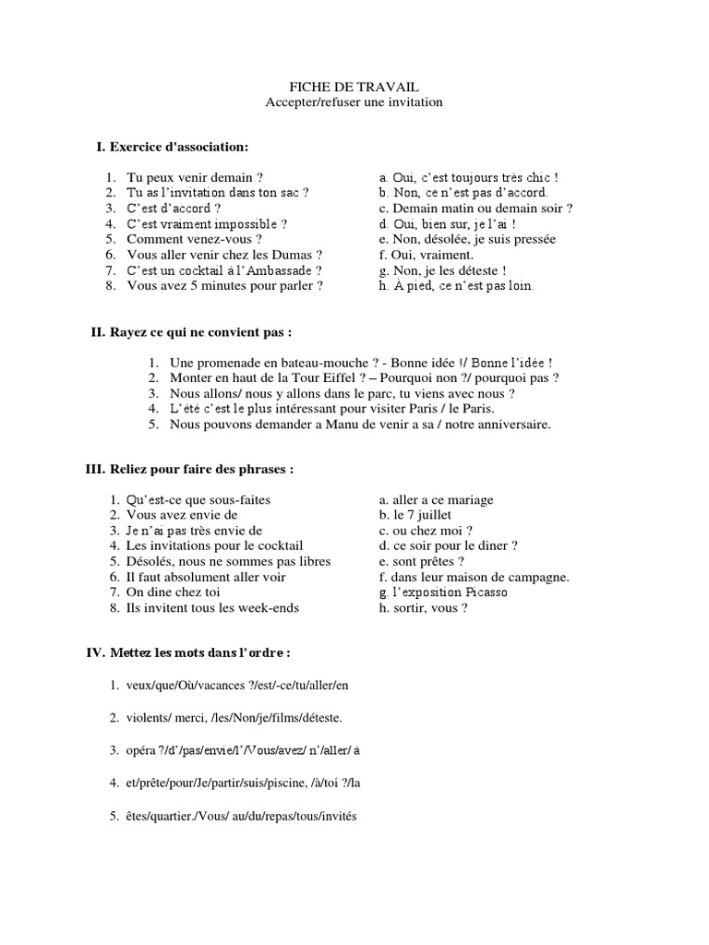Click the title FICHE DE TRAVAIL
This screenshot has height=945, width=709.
pyautogui.click(x=354, y=86)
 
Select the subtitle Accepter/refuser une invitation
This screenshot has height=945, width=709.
pyautogui.click(x=354, y=102)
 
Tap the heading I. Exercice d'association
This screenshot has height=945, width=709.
pyautogui.click(x=173, y=147)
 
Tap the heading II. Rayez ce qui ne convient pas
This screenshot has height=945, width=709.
pyautogui.click(x=190, y=331)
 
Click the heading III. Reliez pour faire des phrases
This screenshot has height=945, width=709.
pyautogui.click(x=189, y=469)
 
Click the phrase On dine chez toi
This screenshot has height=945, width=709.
pyautogui.click(x=174, y=592)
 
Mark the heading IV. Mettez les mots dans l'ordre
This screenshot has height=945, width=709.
pyautogui.click(x=188, y=652)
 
